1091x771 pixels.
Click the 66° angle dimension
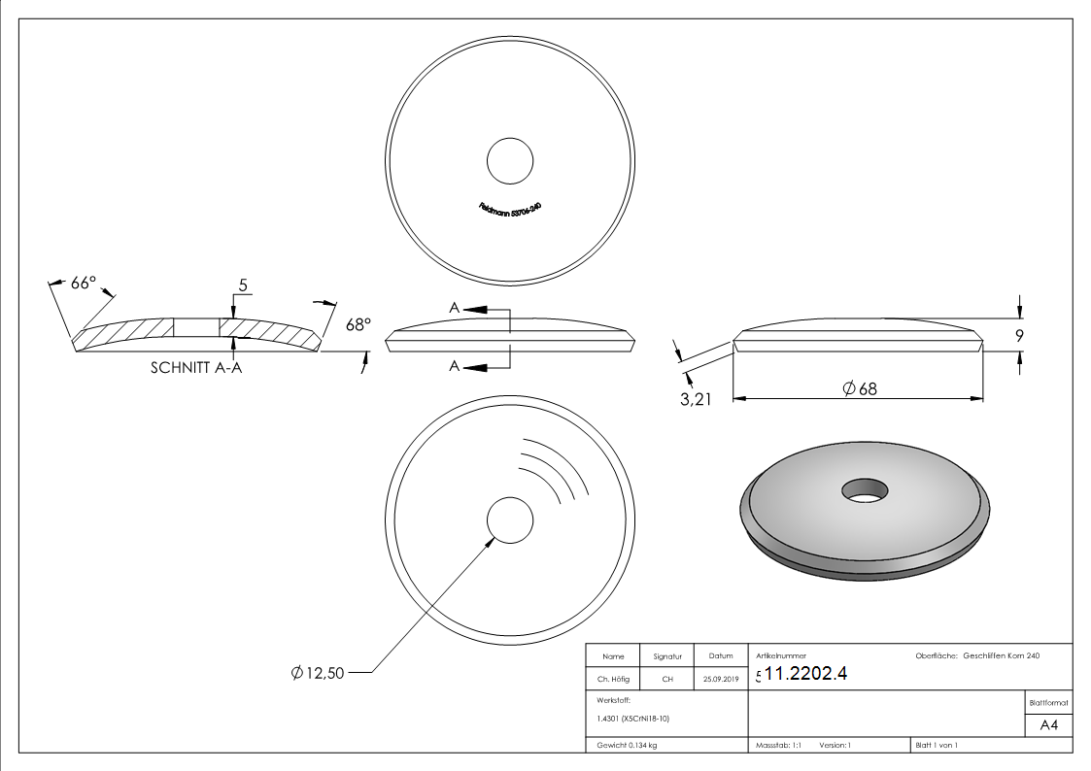tap(84, 283)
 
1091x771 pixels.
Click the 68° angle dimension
tap(358, 325)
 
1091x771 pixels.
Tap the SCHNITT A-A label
tap(196, 368)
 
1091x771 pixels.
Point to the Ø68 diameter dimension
tap(860, 388)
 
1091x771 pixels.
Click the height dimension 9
tap(1020, 337)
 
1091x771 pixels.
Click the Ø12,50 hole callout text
tap(318, 673)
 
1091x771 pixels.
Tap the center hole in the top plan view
tap(510, 160)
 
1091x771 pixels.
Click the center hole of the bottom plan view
tap(510, 520)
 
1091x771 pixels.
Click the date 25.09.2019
tap(720, 680)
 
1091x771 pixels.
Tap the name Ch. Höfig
tap(613, 680)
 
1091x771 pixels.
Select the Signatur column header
tap(667, 656)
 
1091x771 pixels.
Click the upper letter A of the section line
tap(454, 308)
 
